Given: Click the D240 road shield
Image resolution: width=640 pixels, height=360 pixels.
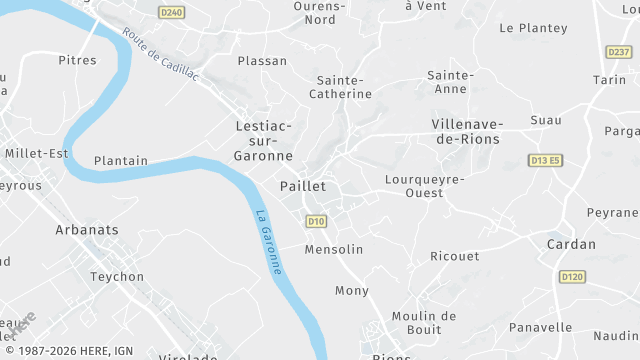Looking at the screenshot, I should (172, 12).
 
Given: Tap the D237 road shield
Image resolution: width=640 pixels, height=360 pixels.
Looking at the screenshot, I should (619, 51).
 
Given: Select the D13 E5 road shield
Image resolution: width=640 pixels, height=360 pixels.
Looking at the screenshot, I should (546, 160).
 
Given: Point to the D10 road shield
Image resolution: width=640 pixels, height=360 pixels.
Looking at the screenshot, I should (316, 221).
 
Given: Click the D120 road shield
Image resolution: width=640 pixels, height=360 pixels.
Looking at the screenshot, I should (572, 276).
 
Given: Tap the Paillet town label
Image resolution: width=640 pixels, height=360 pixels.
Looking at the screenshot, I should (303, 186).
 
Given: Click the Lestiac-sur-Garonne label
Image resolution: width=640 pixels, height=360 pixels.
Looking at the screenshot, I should (263, 141).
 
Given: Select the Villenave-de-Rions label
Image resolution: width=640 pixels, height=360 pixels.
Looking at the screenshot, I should (467, 131).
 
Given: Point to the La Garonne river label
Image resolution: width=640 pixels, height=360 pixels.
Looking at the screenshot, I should (268, 241).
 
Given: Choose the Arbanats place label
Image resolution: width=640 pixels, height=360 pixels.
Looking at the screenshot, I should (87, 230).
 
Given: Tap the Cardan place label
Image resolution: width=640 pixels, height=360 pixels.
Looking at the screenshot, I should (571, 244).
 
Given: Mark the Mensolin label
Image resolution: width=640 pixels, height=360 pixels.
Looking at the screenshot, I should (334, 249).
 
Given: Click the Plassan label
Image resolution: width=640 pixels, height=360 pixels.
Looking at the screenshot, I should (262, 61).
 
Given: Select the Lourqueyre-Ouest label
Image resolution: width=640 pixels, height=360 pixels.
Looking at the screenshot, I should (425, 187).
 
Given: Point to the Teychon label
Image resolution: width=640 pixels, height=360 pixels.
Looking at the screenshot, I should (117, 277).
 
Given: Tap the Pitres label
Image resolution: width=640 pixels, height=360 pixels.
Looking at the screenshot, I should (77, 60).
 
